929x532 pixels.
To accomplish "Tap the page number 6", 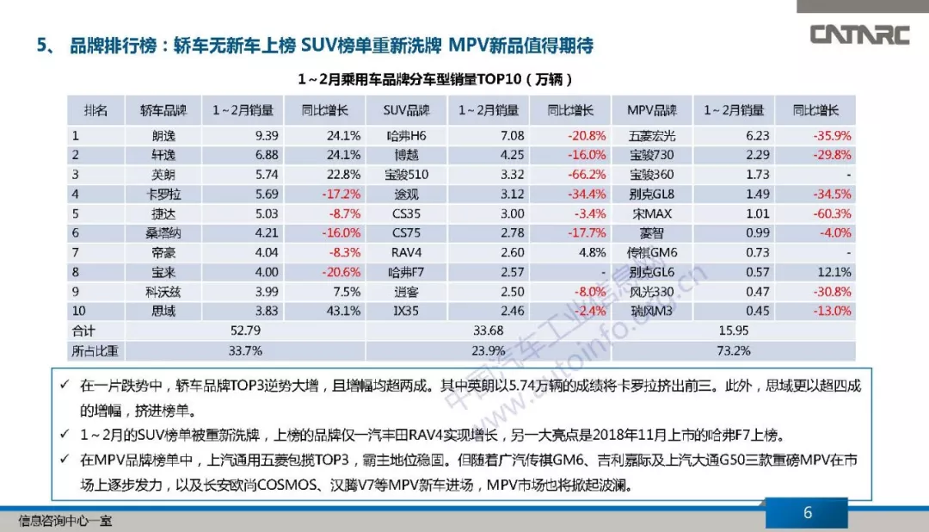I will (807, 513).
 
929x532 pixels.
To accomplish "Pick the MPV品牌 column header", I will (652, 111).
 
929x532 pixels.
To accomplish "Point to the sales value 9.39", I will (267, 136).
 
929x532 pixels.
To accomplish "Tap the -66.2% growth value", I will (586, 175).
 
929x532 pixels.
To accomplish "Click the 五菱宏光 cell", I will (652, 136).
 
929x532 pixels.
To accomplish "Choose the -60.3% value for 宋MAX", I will (832, 213).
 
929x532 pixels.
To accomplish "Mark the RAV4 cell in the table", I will (405, 252).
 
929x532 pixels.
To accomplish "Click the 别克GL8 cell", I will (652, 195).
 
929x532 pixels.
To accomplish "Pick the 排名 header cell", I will (95, 111).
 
